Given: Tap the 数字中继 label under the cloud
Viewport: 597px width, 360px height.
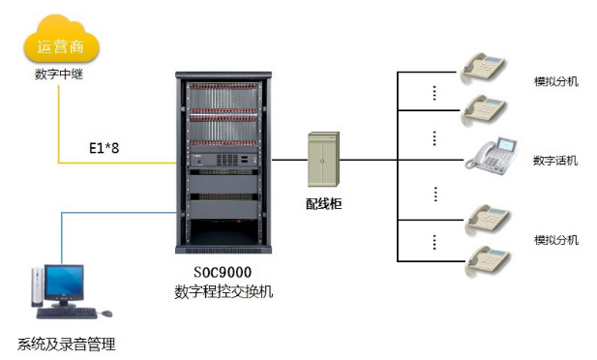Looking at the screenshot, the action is pyautogui.click(x=59, y=74).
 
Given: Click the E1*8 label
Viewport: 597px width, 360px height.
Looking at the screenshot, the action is pyautogui.click(x=104, y=148).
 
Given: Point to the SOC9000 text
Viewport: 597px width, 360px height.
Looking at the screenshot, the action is pyautogui.click(x=223, y=272).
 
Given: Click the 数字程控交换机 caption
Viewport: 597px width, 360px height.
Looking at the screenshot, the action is pyautogui.click(x=224, y=292).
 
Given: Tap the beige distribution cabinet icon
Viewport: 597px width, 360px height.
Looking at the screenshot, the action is pyautogui.click(x=323, y=160).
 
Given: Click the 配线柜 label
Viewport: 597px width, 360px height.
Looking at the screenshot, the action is pyautogui.click(x=323, y=204).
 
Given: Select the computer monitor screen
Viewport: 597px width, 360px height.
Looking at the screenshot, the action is pyautogui.click(x=64, y=282).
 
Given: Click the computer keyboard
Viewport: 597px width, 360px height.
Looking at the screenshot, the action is pyautogui.click(x=67, y=314).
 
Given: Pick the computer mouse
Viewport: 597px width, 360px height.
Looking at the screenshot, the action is pyautogui.click(x=106, y=314).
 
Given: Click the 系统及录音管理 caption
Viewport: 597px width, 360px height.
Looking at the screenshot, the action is pyautogui.click(x=66, y=344).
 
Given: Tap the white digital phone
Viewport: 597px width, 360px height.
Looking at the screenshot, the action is pyautogui.click(x=492, y=156).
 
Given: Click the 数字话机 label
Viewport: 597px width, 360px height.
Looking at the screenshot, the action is pyautogui.click(x=555, y=161).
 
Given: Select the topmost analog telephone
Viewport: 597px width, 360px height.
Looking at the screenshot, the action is pyautogui.click(x=483, y=68).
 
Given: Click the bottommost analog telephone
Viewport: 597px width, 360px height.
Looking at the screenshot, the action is pyautogui.click(x=488, y=260).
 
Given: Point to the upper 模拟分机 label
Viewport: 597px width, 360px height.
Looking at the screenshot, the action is pyautogui.click(x=556, y=81).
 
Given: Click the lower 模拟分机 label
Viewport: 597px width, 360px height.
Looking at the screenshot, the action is pyautogui.click(x=556, y=240).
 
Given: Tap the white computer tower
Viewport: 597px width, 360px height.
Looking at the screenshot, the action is pyautogui.click(x=37, y=286).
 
